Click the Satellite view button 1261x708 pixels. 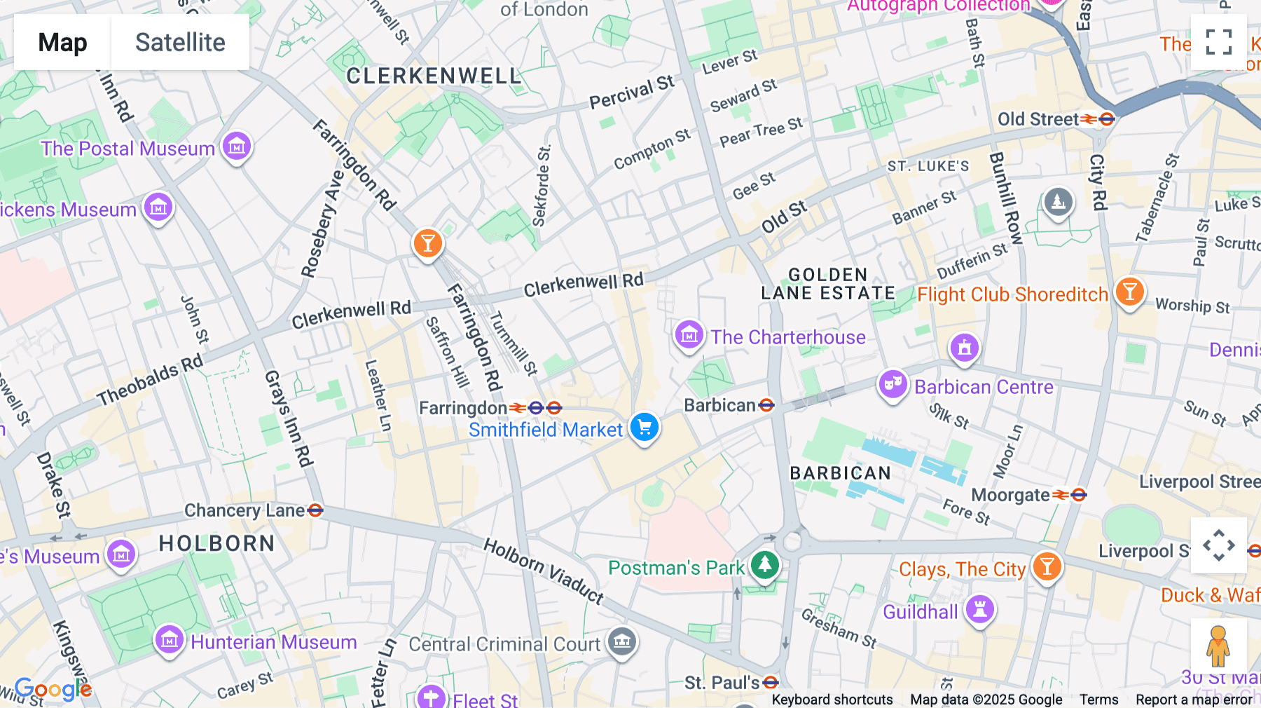point(180,42)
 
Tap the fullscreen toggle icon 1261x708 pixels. point(1218,42)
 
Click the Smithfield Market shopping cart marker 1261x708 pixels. point(644,427)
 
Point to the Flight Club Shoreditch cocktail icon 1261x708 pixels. point(1129,291)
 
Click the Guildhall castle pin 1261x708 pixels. point(980,609)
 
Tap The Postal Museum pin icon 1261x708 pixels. point(237,147)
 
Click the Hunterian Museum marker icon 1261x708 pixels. point(169,640)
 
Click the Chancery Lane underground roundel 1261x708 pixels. point(315,510)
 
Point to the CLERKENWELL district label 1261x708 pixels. point(434,76)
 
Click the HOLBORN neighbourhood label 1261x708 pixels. point(216,543)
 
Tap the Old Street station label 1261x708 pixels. point(1038,119)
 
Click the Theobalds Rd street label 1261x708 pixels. point(150,380)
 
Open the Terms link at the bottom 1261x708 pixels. point(1098,699)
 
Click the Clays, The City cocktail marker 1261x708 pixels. point(1047,566)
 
